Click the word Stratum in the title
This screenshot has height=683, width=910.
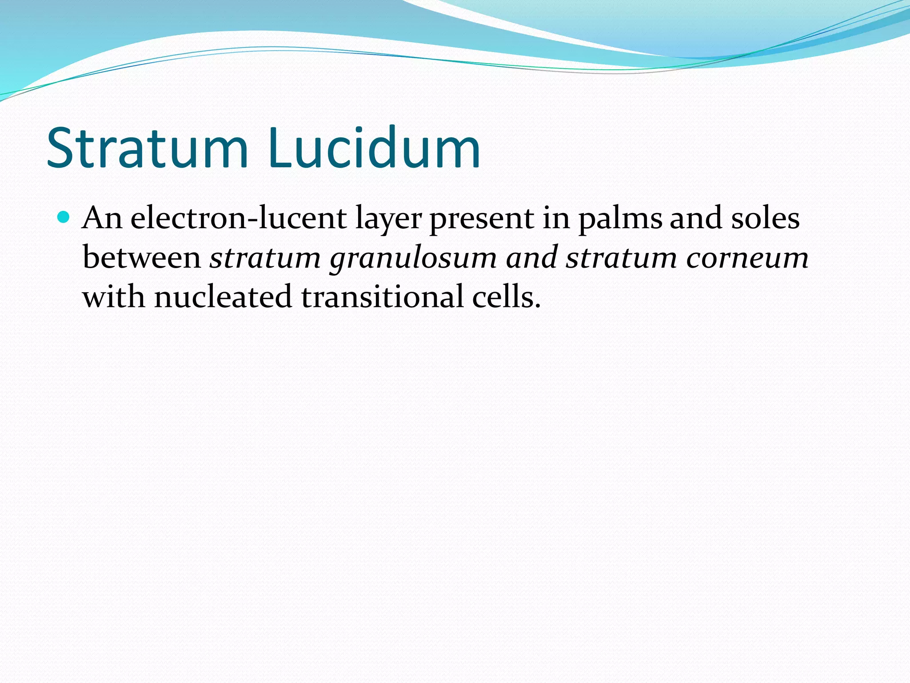(147, 148)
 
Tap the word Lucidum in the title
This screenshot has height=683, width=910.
(374, 148)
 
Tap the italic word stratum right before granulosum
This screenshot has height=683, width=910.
(265, 257)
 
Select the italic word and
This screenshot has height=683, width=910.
(532, 257)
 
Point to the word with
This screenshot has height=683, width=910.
(114, 297)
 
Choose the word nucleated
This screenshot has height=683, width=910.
(223, 297)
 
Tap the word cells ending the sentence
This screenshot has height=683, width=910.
(506, 297)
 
